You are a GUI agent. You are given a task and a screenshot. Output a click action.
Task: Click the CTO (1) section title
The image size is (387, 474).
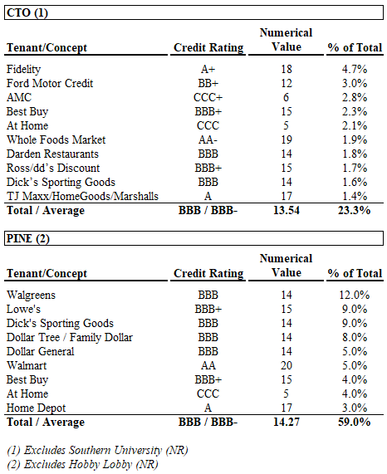27,12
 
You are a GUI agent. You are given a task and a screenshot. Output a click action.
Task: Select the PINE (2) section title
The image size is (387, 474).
27,238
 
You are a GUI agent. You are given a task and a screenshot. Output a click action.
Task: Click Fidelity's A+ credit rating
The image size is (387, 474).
208,69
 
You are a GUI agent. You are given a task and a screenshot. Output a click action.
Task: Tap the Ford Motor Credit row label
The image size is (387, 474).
50,83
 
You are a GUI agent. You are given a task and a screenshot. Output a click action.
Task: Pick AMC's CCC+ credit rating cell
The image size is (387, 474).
208,97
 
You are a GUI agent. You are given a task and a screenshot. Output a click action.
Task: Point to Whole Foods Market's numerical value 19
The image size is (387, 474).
287,139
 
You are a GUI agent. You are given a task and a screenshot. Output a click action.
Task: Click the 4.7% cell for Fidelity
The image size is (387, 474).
355,69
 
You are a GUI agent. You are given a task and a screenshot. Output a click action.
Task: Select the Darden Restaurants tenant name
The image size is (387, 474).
52,154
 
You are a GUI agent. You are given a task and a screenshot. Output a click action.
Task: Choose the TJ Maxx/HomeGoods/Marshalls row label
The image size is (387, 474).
82,196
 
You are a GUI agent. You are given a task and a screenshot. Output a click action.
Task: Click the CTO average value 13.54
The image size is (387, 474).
287,210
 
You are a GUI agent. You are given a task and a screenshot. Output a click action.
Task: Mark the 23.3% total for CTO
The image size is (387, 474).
355,210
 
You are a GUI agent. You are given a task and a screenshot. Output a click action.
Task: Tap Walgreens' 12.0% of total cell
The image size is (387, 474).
355,295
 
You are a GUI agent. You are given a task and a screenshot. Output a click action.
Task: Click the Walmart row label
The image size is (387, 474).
27,365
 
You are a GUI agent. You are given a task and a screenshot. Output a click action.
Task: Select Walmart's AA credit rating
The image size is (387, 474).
208,365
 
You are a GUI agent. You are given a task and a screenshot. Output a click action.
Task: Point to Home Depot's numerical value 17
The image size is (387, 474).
287,408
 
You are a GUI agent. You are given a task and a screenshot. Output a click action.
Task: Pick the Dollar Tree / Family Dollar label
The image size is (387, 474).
70,337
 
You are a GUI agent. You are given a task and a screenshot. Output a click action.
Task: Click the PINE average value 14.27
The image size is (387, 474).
287,422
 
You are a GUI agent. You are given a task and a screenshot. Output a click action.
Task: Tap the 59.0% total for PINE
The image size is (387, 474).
355,422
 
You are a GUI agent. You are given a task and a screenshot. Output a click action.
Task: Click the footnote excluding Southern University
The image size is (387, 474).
97,451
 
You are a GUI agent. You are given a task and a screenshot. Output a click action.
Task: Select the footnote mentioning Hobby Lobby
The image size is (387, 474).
82,465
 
